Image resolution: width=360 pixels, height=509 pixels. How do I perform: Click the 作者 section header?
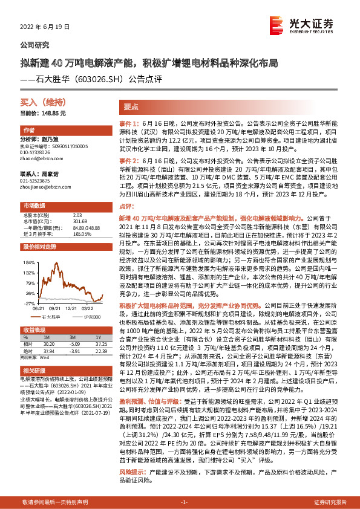click(x=30, y=131)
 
